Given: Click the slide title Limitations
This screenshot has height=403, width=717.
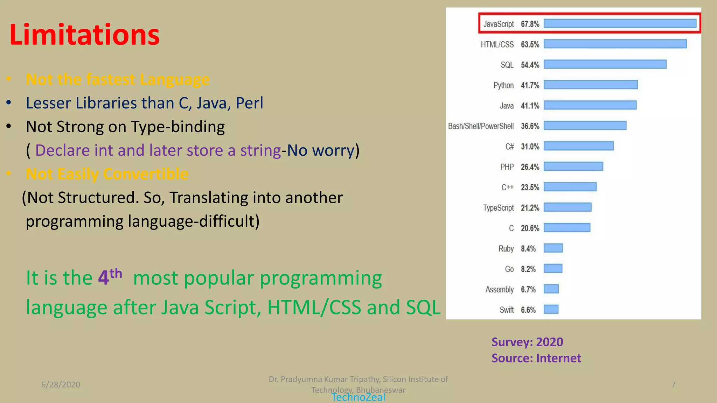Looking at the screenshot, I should tap(84, 35).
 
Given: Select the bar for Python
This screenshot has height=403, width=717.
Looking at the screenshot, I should tap(590, 85).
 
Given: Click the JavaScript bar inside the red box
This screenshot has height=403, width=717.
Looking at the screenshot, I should tap(620, 23).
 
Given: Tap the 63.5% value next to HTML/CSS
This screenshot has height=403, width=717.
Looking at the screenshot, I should tap(530, 44).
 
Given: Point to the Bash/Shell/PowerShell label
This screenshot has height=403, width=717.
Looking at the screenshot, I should tap(481, 126).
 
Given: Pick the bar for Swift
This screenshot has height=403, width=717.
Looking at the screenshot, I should tap(551, 309).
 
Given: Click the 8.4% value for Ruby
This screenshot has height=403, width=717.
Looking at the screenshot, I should tap(528, 249).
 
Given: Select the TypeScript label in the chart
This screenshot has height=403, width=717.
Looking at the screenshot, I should tap(498, 208).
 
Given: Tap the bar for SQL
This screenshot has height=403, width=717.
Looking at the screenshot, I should tap(605, 64).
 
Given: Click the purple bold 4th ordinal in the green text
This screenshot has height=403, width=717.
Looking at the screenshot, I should tap(109, 277).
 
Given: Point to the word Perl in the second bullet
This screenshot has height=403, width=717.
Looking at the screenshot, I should tap(249, 103).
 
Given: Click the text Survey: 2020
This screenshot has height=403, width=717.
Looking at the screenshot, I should tap(527, 342).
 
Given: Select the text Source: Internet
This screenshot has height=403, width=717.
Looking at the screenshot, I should tap(536, 358).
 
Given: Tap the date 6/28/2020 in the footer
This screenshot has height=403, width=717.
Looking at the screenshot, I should tap(61, 384).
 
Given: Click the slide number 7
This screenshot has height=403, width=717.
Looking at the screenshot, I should tap(673, 384).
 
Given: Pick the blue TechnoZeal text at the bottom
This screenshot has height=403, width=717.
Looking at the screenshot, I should tap(358, 397).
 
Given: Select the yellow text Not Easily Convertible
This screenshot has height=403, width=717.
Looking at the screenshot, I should tap(107, 174).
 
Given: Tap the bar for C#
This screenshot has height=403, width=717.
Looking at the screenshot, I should tap(578, 146).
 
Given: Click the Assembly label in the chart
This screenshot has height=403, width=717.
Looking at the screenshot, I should tap(499, 289).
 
